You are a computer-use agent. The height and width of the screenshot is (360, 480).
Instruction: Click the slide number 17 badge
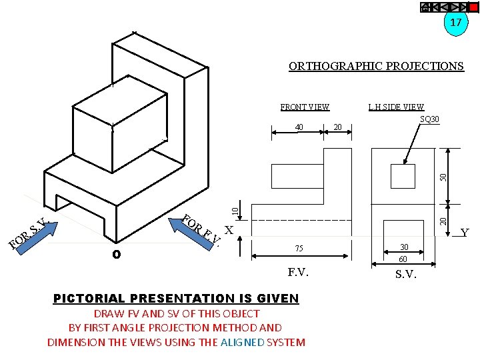click(455, 23)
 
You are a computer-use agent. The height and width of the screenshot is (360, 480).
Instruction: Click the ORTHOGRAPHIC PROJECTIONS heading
click(376, 66)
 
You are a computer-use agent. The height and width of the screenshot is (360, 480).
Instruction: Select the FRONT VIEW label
click(305, 107)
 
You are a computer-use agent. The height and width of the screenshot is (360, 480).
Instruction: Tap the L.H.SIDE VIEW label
click(396, 107)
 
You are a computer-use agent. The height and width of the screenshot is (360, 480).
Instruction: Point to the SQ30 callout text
click(429, 119)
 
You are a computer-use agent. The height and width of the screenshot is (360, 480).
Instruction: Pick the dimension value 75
click(299, 249)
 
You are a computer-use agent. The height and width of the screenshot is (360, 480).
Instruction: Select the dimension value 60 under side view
click(403, 259)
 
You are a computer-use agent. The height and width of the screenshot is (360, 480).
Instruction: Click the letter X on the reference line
click(229, 230)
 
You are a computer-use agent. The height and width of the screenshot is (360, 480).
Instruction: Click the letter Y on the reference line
click(465, 233)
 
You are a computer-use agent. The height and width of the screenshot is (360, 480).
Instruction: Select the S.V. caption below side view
click(406, 274)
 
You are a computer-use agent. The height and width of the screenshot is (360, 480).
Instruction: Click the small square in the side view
click(403, 175)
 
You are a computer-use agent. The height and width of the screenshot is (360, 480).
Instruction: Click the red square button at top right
click(474, 7)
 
